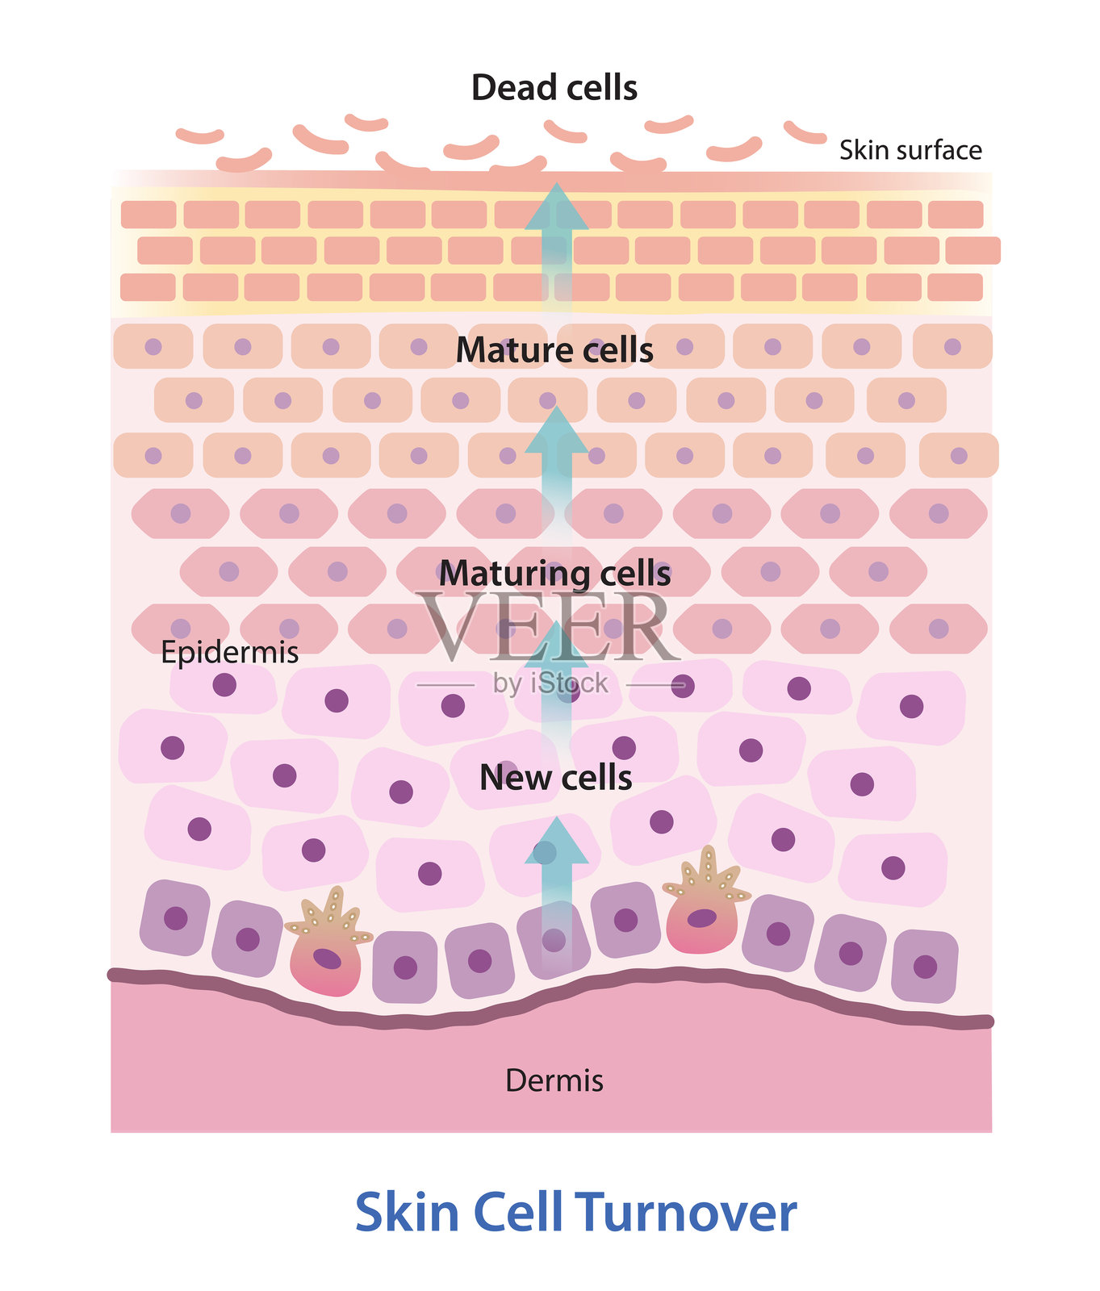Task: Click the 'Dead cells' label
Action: (554, 88)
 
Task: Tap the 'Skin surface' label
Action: (910, 150)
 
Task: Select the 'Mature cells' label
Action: (554, 350)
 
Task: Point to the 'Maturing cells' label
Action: (554, 574)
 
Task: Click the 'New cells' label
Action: (555, 778)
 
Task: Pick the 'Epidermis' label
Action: (229, 652)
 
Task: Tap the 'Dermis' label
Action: (554, 1080)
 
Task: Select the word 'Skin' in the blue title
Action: (407, 1213)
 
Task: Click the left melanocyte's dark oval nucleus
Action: (327, 959)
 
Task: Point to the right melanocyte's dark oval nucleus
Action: (701, 918)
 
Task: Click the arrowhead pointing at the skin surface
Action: (556, 205)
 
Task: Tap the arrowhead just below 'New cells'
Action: (556, 842)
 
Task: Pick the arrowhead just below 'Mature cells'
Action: (556, 429)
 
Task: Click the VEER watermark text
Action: (549, 627)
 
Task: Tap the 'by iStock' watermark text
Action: (550, 684)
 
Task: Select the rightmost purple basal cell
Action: (925, 966)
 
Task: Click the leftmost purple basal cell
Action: (175, 917)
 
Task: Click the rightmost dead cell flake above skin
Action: (805, 132)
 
